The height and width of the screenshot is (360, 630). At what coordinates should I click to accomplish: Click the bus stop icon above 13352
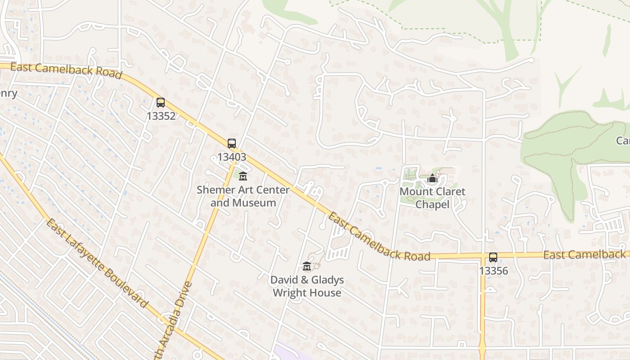coord(161,103)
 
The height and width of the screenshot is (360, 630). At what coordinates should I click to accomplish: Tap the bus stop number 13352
coord(161,116)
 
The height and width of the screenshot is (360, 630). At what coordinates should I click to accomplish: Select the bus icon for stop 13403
coord(232,144)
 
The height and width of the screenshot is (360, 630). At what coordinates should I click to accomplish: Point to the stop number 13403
coord(232,157)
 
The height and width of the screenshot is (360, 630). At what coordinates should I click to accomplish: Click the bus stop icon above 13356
coord(493,258)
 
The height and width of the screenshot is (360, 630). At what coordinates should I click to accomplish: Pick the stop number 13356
coord(493,271)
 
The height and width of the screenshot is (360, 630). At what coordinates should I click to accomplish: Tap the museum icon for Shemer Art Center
coord(243,176)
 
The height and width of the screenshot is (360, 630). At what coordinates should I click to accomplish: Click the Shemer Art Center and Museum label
coord(243,196)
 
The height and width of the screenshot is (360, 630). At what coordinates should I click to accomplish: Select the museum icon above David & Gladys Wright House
coord(307,266)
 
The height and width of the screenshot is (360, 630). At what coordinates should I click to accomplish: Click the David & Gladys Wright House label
coord(307,286)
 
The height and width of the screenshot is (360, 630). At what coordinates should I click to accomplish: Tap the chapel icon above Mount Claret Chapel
coord(432,179)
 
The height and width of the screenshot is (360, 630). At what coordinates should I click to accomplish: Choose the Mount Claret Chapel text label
coord(432,198)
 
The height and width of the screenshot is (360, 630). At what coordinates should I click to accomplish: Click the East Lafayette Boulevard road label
coord(97,263)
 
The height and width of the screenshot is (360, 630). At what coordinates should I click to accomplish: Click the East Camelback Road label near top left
coord(66,70)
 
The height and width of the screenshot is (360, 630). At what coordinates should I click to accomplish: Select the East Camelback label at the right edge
coord(585,255)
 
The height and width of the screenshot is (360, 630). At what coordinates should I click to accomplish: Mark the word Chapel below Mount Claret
coord(432,205)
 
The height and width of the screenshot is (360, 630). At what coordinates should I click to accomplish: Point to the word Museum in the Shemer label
coord(255,203)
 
